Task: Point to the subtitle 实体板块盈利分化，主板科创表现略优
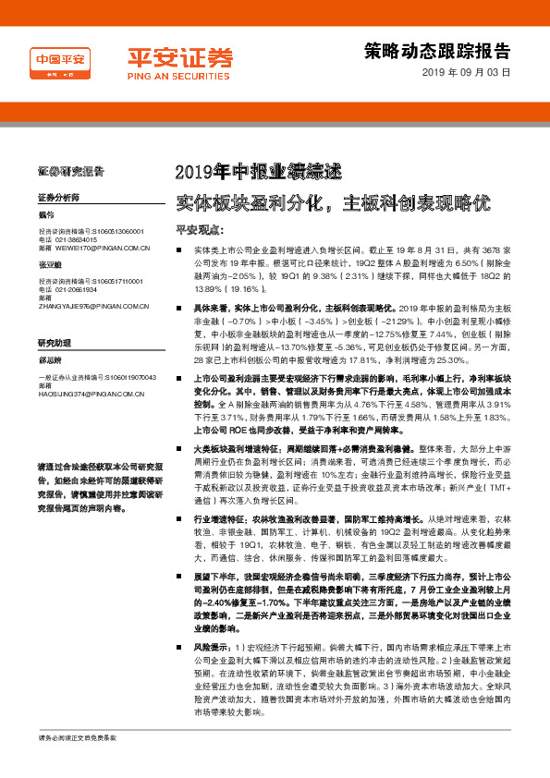(x=332, y=201)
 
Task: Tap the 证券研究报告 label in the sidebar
(x=70, y=171)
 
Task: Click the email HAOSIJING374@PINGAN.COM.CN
(x=92, y=393)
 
